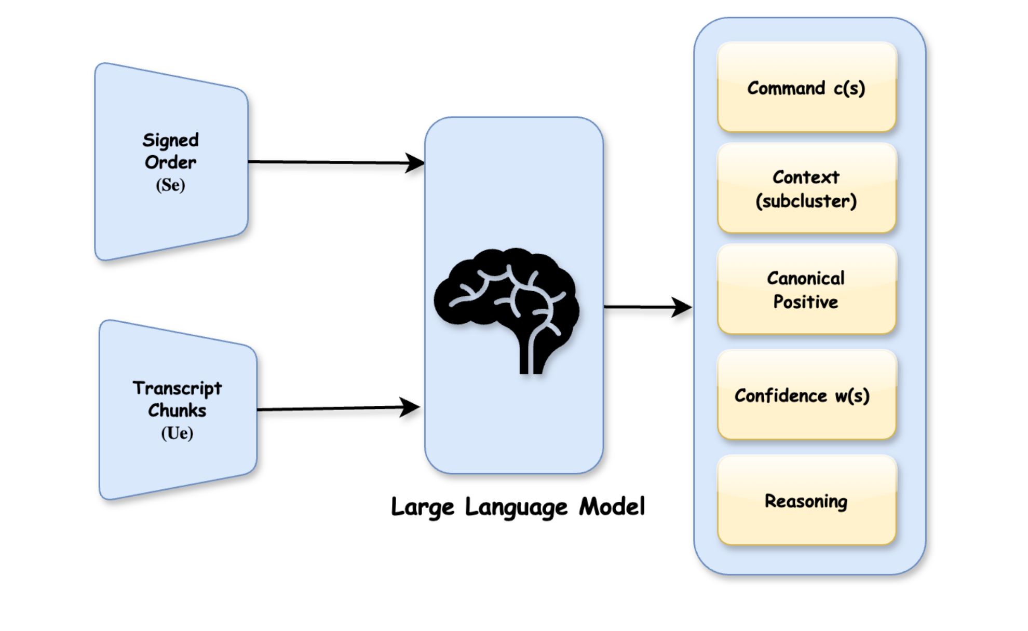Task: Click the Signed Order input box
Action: click(x=171, y=161)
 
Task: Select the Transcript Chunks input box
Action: click(x=177, y=410)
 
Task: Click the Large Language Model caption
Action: click(x=518, y=507)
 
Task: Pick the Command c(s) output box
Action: click(x=806, y=87)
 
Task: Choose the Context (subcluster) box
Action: click(x=806, y=188)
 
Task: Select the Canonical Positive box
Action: click(x=806, y=290)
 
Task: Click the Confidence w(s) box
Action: click(x=806, y=395)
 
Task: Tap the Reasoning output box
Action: click(x=806, y=501)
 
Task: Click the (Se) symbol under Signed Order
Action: click(x=170, y=185)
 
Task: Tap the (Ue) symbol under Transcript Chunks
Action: click(x=177, y=433)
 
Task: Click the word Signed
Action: click(x=170, y=140)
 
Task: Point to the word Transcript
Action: click(x=177, y=388)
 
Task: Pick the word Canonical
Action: click(x=806, y=278)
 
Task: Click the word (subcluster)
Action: click(x=806, y=201)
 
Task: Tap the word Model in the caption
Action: click(x=612, y=506)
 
